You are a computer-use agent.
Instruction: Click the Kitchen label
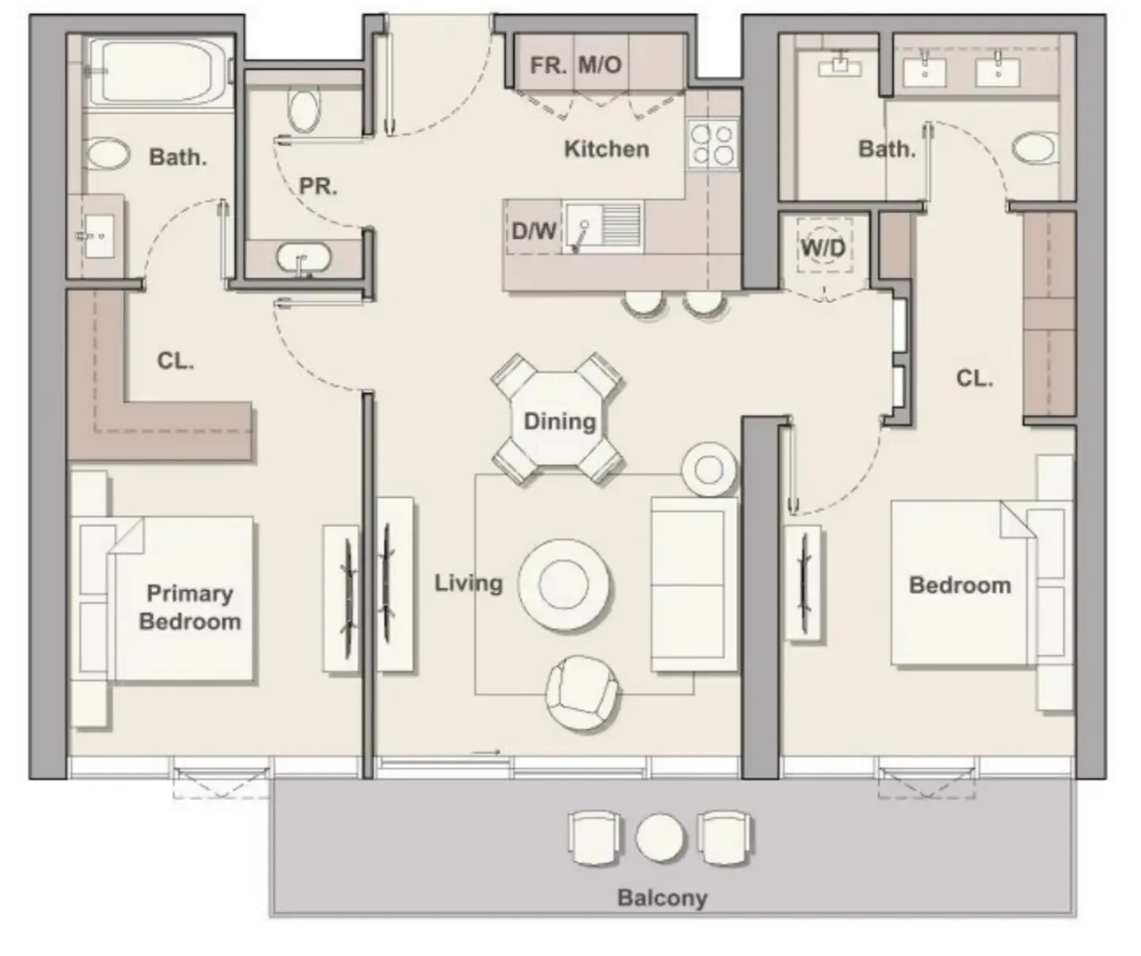(606, 149)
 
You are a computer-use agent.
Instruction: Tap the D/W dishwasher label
(533, 231)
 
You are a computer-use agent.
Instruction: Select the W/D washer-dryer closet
(823, 248)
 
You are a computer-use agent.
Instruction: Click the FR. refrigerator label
(548, 65)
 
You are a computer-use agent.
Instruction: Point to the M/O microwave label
(599, 65)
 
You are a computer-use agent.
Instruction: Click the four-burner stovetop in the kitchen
(712, 144)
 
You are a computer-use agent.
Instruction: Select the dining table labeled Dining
(559, 420)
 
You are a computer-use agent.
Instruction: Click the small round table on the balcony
(660, 838)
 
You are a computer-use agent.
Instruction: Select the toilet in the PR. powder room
(304, 109)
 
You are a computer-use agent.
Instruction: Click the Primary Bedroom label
(190, 607)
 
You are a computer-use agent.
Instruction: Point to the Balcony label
(662, 897)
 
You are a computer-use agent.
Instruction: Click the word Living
(468, 583)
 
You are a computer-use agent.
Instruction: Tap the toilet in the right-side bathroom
(1034, 148)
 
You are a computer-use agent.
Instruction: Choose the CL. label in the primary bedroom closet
(175, 361)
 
